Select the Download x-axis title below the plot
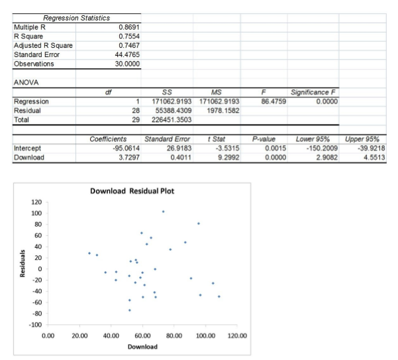[142, 347]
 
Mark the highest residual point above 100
[163, 211]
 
